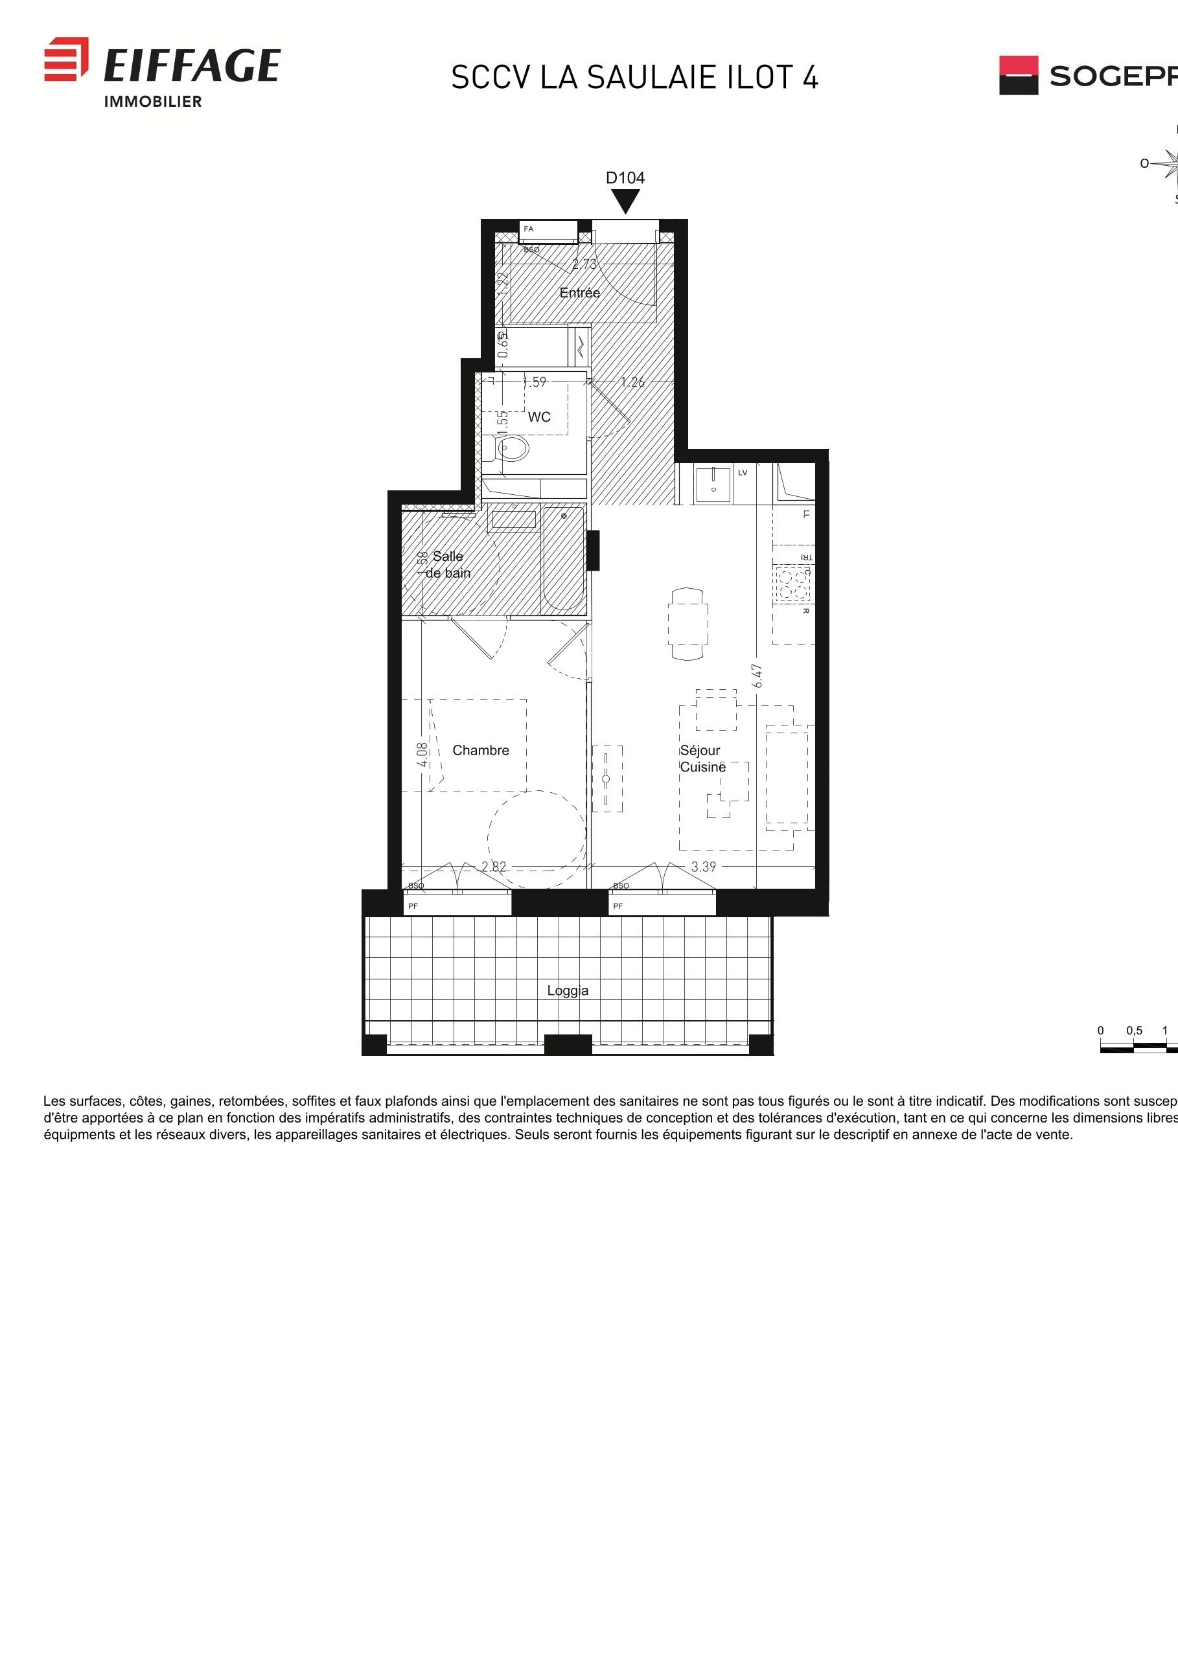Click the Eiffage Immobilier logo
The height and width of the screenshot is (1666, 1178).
click(x=162, y=72)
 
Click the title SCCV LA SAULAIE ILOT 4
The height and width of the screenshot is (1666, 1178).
click(x=634, y=78)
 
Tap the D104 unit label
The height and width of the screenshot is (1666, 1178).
click(x=625, y=177)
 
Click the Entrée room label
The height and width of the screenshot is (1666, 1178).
click(x=579, y=292)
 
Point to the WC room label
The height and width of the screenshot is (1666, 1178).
click(x=538, y=416)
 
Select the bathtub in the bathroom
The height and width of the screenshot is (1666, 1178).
click(x=564, y=559)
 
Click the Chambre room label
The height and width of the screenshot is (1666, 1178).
click(x=481, y=750)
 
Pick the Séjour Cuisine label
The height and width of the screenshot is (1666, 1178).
click(x=702, y=759)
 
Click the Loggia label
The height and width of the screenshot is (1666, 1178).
click(x=568, y=990)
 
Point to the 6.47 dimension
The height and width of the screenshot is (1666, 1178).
click(x=757, y=676)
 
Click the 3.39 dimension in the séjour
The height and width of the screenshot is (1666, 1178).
click(x=703, y=867)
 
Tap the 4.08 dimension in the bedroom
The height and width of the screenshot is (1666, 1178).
click(x=422, y=755)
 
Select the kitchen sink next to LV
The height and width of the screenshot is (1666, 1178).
click(x=713, y=485)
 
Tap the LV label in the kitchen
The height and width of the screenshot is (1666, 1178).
click(x=743, y=472)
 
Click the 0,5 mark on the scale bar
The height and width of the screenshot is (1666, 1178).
click(x=1134, y=1031)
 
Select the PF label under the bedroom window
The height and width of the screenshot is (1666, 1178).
click(x=413, y=906)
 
